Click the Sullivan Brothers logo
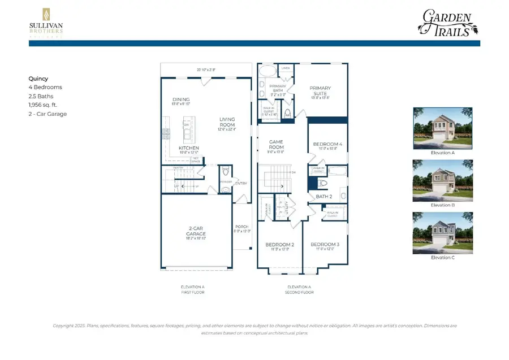coord(46,22)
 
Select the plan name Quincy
coord(38,79)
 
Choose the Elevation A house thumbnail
coord(434,128)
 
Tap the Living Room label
coord(227,122)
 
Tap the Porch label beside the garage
coord(241,227)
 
